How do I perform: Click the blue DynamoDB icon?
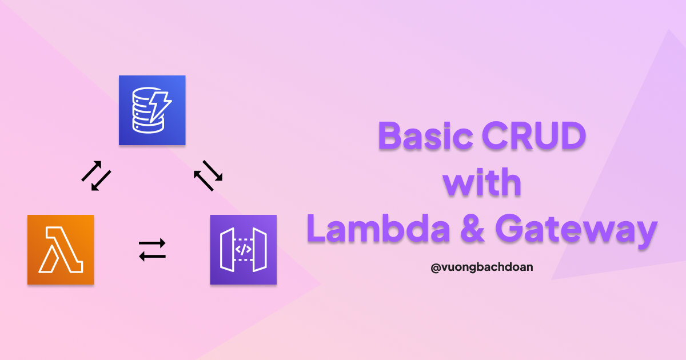152,110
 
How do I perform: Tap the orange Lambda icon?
61,250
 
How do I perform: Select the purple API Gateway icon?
244,250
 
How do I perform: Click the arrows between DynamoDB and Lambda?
95,175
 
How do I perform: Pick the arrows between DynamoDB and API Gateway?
208,175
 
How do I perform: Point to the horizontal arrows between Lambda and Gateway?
152,250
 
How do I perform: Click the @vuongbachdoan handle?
482,266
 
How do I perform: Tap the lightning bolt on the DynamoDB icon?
161,103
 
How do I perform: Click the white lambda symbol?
61,250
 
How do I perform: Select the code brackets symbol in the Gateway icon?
244,250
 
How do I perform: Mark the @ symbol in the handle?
435,266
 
